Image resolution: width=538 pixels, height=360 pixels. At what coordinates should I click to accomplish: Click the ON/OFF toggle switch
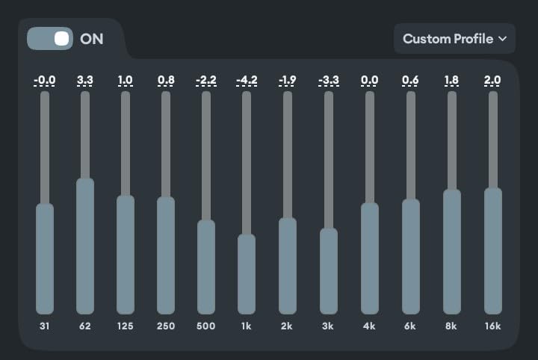[50, 38]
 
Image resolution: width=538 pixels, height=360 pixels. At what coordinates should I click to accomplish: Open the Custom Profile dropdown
[454, 39]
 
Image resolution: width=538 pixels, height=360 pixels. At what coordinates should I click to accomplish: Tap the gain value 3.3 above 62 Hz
[85, 81]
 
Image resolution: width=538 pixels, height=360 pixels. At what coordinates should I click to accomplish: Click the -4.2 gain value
[246, 81]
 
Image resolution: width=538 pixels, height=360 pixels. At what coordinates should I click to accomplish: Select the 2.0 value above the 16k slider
[492, 81]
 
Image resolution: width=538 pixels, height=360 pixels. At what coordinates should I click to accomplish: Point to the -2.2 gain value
[205, 81]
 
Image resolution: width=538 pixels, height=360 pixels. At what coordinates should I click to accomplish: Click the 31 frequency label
[45, 326]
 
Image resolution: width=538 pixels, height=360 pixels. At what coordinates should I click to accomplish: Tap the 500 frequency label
[205, 326]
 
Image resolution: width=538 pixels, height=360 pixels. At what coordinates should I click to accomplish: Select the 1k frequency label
[247, 326]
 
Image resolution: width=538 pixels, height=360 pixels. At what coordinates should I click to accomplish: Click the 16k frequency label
[492, 326]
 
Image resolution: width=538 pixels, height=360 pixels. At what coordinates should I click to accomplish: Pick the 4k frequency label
[370, 326]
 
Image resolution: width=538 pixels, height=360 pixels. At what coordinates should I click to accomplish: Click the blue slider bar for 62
[85, 246]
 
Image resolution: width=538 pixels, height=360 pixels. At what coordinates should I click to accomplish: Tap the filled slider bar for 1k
[247, 274]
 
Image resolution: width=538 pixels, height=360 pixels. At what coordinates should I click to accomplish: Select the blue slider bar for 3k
[329, 271]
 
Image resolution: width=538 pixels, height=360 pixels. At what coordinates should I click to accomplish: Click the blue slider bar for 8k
[452, 252]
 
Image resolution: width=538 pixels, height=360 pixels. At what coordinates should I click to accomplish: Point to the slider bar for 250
[166, 255]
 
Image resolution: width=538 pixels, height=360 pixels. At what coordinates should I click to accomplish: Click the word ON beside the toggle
[92, 39]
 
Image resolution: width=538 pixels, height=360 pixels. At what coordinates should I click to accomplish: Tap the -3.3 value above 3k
[328, 81]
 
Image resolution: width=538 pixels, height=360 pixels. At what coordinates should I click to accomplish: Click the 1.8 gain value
[451, 81]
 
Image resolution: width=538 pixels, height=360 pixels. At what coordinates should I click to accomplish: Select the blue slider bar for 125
[126, 255]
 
